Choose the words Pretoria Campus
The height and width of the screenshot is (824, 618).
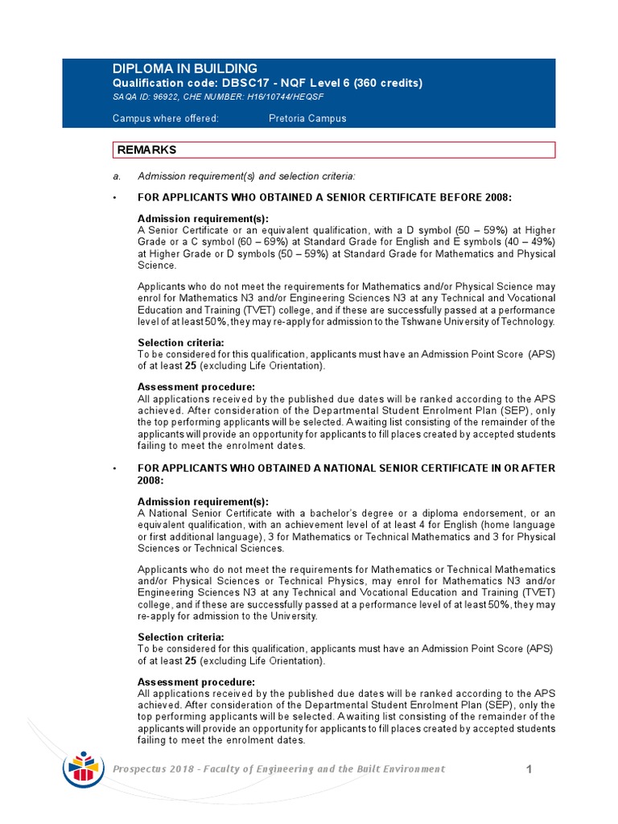pyautogui.click(x=307, y=118)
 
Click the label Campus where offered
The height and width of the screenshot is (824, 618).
pyautogui.click(x=165, y=118)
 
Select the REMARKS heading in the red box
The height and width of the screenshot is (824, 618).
pyautogui.click(x=147, y=150)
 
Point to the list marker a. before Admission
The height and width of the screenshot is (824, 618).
pyautogui.click(x=117, y=176)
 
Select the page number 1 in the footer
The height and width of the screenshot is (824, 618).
pyautogui.click(x=529, y=770)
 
